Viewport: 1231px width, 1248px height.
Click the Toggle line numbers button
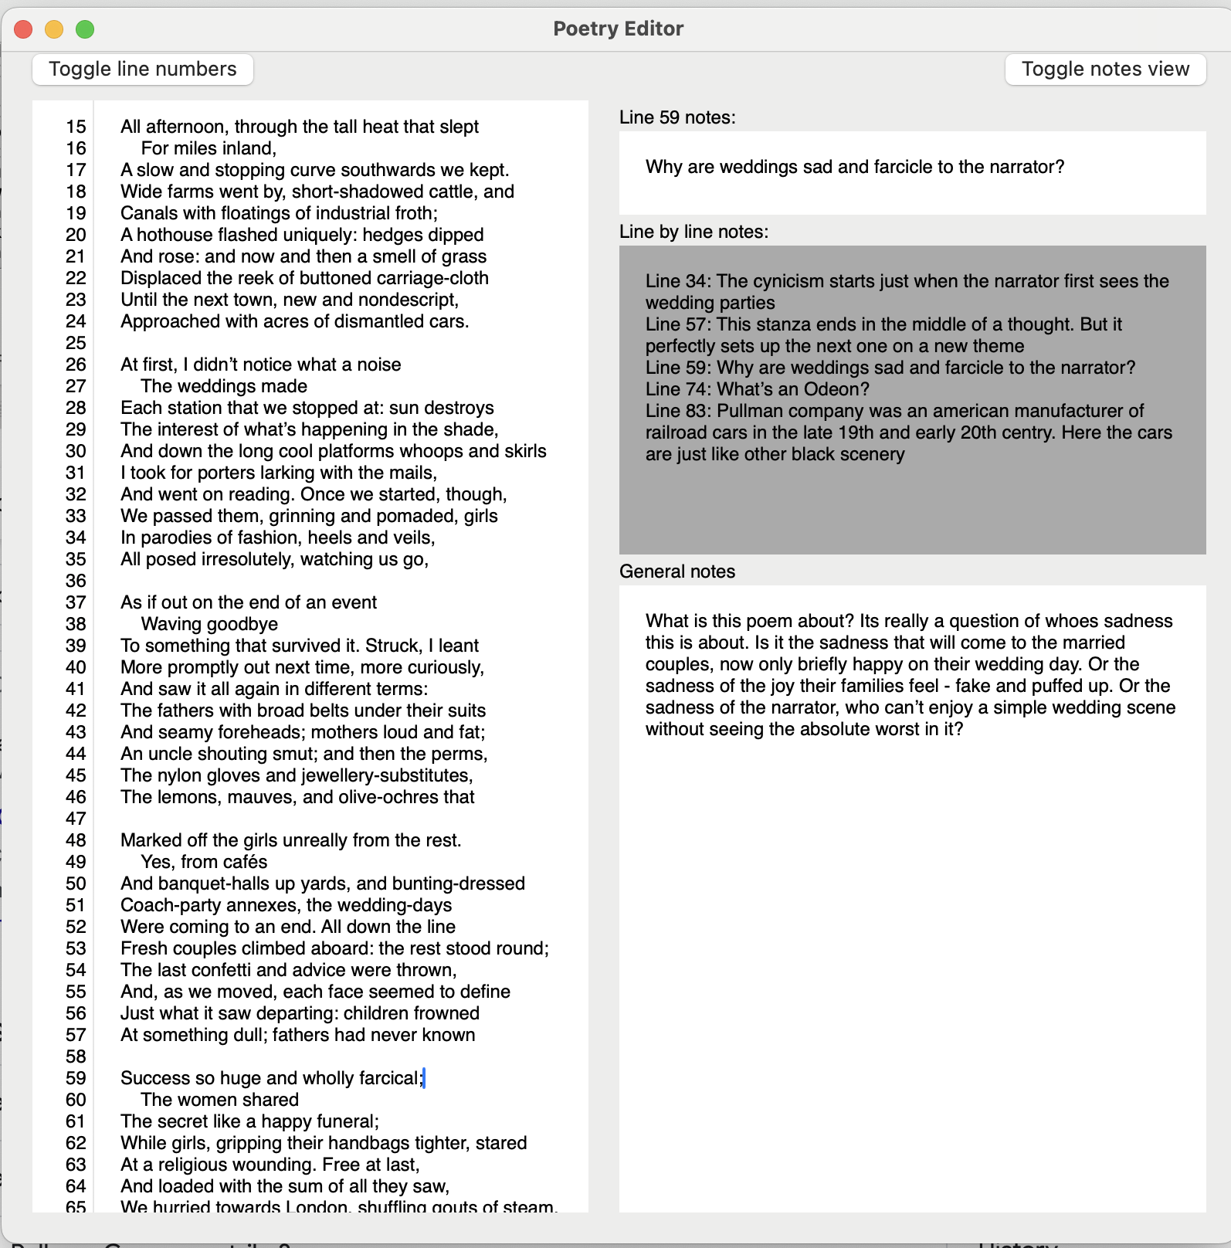point(143,70)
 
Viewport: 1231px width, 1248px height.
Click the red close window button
point(23,29)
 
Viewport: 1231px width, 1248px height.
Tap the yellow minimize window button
point(54,29)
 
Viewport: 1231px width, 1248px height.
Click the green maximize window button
point(85,29)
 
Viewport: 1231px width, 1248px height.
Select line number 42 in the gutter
point(76,710)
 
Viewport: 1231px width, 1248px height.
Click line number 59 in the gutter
point(76,1078)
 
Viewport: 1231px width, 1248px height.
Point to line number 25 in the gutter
point(76,343)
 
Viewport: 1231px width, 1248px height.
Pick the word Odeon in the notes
point(836,389)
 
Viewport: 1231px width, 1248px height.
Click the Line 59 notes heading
point(677,117)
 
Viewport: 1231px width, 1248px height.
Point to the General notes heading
point(677,571)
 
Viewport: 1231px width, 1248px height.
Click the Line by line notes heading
point(693,232)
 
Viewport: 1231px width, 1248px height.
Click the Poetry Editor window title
point(618,29)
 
